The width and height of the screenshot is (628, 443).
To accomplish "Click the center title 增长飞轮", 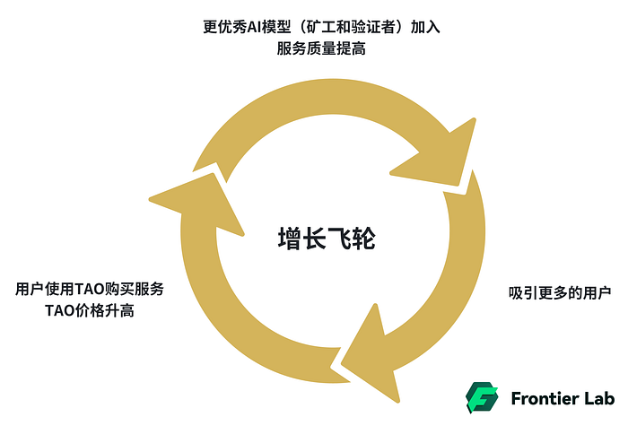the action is tap(325, 239).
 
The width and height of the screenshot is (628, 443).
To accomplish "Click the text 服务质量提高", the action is tap(321, 49).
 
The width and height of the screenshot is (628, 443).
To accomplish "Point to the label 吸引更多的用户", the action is tap(560, 293).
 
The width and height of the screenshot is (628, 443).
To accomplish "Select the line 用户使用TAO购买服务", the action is tap(90, 290).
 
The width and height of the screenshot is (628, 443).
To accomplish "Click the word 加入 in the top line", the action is tap(425, 27).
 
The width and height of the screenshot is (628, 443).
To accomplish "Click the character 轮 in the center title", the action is tap(362, 239).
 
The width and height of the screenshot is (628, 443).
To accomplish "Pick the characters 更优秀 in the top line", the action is tap(225, 27).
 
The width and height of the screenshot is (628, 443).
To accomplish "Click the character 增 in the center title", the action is tap(289, 239).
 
